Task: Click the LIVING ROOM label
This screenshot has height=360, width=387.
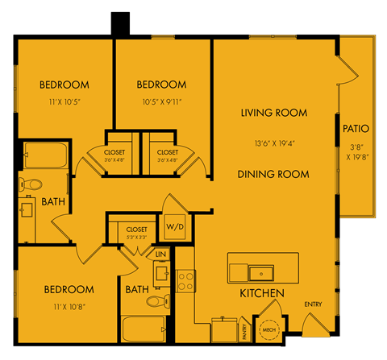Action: pos(273,113)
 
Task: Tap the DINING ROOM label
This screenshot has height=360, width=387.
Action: pos(273,174)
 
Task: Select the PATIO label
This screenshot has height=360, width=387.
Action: pos(356,128)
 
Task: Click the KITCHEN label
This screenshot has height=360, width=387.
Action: pos(260,293)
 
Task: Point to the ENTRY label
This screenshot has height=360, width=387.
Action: pos(314,304)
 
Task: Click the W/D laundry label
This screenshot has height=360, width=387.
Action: pos(175,227)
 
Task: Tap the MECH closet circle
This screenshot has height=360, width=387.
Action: pos(268,330)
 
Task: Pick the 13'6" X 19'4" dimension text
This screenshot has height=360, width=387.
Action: pos(273,143)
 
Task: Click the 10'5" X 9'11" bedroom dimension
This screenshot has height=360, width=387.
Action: pos(161,101)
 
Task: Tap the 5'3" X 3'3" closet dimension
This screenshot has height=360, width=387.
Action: pos(137,238)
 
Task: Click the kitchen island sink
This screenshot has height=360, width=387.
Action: pos(260,271)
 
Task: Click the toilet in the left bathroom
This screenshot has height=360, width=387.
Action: pos(30,184)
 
